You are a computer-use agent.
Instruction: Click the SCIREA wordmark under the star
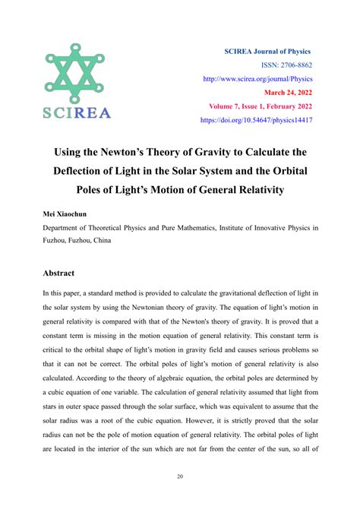pos(77,113)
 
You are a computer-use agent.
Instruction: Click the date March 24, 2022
pos(288,92)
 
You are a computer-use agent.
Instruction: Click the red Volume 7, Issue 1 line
pos(257,106)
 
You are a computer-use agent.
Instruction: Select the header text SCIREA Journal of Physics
pos(267,51)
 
